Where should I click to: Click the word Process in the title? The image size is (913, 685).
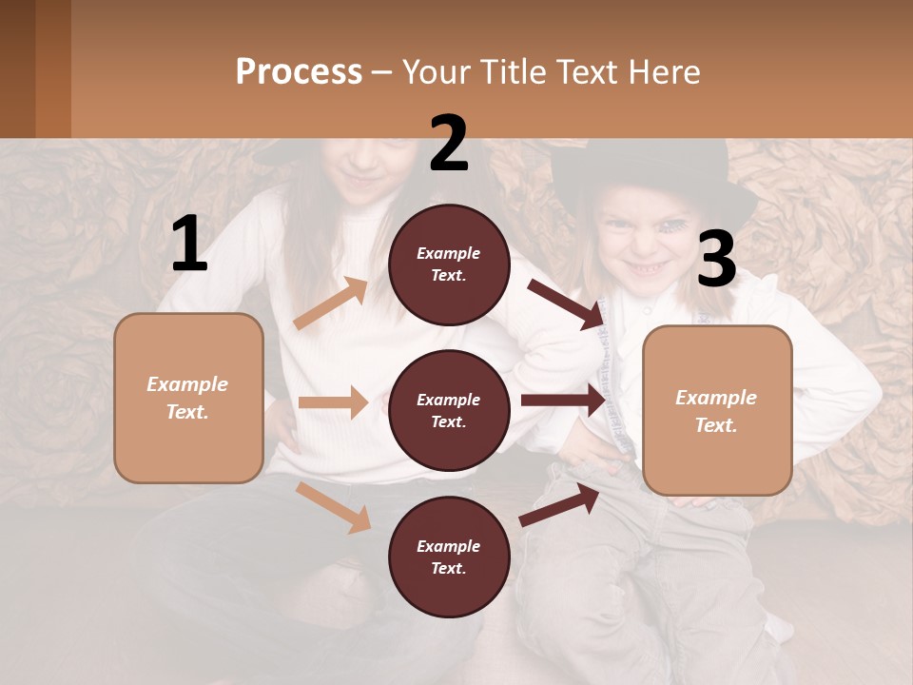(299, 72)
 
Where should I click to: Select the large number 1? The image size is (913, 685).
(189, 245)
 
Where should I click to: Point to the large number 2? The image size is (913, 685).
(449, 144)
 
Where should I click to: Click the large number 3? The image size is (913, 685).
(716, 260)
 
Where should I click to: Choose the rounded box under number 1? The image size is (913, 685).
(188, 398)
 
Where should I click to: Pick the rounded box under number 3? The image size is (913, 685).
(717, 411)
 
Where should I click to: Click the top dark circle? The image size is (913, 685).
(449, 264)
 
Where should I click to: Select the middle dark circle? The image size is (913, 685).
(449, 411)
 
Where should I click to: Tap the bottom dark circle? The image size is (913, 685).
(449, 558)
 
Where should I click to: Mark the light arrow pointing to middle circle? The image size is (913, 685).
(333, 402)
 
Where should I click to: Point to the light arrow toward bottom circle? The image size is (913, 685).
(334, 506)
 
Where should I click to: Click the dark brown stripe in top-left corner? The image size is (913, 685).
(17, 68)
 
